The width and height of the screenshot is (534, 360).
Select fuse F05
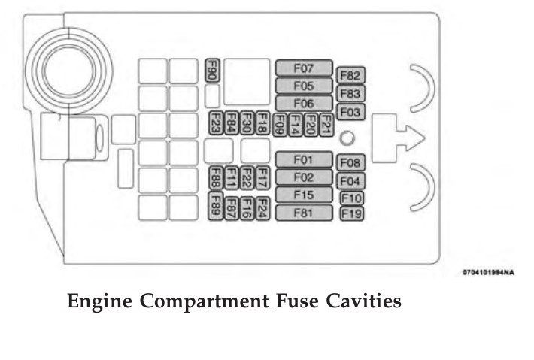(304, 86)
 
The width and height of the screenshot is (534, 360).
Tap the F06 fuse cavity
(304, 104)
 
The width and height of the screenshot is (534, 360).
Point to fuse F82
(350, 76)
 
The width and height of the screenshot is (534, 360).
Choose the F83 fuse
(350, 94)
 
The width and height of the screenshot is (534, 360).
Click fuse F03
(350, 112)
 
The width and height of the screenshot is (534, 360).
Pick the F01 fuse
(303, 159)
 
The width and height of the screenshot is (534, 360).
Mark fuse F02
(303, 177)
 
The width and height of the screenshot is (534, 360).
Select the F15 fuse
(303, 195)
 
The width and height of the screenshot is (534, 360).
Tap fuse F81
(303, 213)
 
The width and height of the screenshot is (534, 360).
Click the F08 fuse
(351, 163)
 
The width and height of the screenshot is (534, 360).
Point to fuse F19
(351, 213)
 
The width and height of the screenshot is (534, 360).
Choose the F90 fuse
(212, 70)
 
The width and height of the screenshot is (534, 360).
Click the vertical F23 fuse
(215, 123)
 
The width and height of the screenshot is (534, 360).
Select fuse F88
(215, 177)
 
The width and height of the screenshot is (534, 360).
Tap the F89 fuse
(215, 205)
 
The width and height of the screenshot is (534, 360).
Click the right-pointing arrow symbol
(398, 136)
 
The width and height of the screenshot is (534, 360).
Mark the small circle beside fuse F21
(347, 138)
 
